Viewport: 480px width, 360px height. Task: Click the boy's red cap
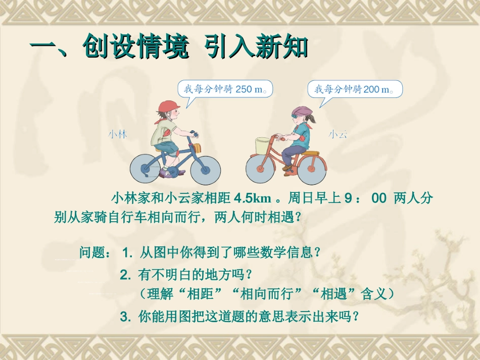(x=169, y=106)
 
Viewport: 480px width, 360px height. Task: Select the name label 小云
(x=338, y=134)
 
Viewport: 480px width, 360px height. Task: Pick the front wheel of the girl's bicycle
(x=265, y=169)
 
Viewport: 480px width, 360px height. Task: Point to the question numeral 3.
(x=125, y=317)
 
